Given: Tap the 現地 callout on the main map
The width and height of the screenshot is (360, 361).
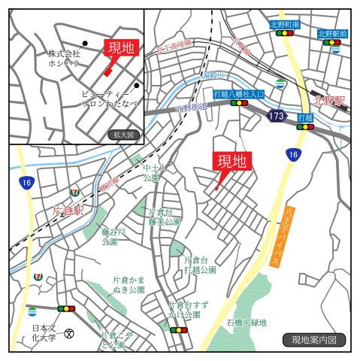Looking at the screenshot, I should pyautogui.click(x=231, y=161).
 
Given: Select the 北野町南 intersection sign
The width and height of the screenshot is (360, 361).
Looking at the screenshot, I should pyautogui.click(x=285, y=25).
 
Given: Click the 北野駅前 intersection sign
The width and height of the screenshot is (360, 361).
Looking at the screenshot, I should pyautogui.click(x=332, y=34).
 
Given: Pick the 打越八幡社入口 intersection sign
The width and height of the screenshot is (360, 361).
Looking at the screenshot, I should pyautogui.click(x=239, y=94).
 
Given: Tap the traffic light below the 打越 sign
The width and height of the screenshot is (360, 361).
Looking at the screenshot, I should pyautogui.click(x=305, y=127).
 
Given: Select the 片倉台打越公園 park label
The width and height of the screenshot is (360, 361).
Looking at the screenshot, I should pyautogui.click(x=199, y=263).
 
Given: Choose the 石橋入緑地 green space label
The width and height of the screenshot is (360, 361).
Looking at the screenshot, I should pyautogui.click(x=246, y=323).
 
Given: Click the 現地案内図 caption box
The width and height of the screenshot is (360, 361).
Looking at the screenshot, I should pyautogui.click(x=313, y=340).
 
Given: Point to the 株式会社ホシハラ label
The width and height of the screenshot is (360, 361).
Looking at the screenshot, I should pyautogui.click(x=65, y=59).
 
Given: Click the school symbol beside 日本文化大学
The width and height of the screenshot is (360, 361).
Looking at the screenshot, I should pyautogui.click(x=70, y=333).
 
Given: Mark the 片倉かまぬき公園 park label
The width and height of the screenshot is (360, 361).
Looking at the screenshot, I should pyautogui.click(x=128, y=284).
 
